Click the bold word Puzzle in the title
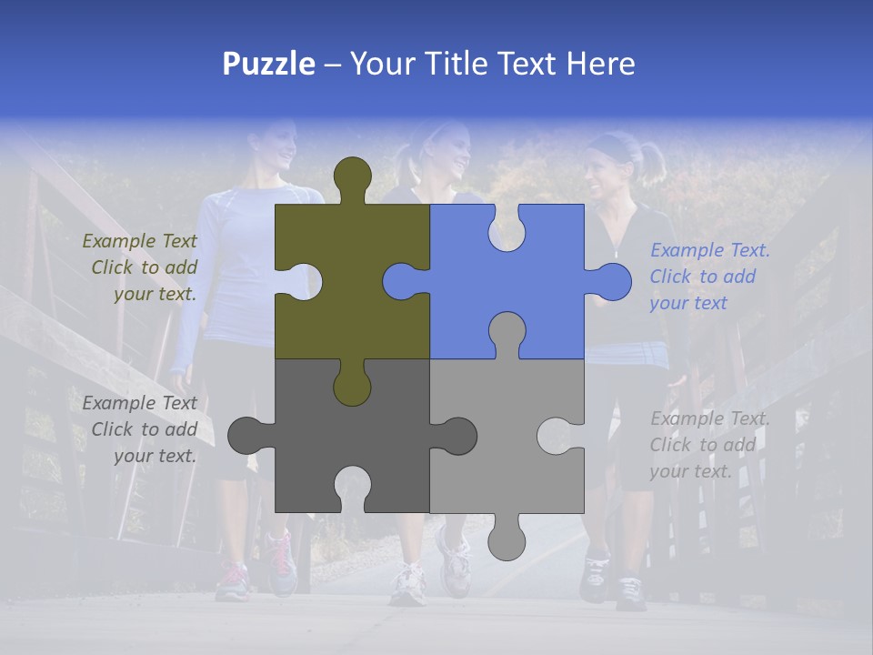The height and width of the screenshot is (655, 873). [268, 64]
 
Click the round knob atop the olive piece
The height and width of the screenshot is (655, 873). [353, 175]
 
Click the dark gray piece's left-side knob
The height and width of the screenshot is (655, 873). [246, 436]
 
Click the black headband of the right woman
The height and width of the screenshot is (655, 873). [611, 146]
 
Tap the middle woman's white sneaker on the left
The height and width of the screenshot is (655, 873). [408, 582]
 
